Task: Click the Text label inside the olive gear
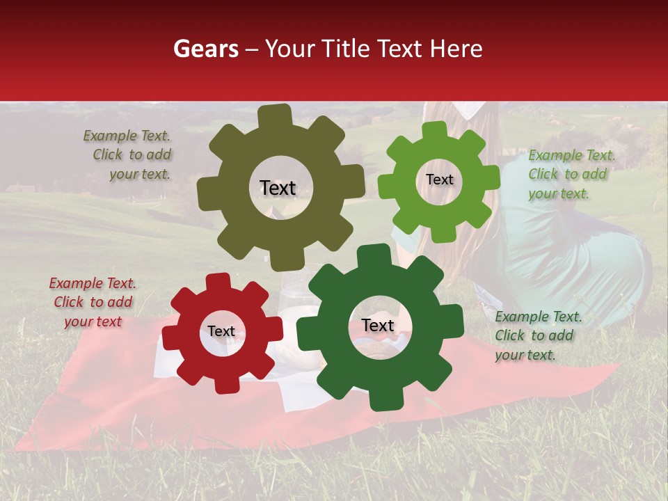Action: (x=278, y=188)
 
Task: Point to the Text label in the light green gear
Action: (x=439, y=180)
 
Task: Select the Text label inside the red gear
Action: (x=221, y=331)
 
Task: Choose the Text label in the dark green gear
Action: (x=377, y=325)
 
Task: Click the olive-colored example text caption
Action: (x=129, y=154)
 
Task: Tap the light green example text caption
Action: (x=571, y=174)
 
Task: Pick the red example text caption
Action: (x=93, y=302)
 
